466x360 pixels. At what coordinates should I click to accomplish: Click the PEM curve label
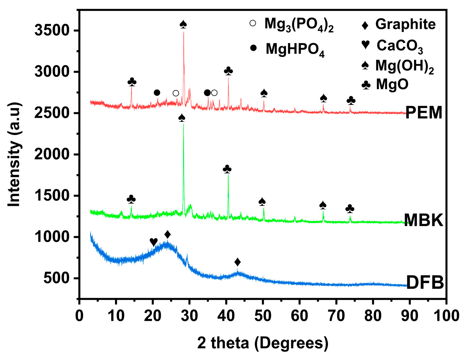pos(424,113)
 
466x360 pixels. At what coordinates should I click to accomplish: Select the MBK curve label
pos(423,220)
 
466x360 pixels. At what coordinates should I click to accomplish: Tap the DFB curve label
pos(425,283)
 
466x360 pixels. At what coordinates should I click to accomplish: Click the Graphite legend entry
pos(405,25)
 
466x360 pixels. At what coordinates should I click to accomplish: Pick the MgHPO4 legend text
pos(295,49)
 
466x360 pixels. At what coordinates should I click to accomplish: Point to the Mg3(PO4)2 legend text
pos(299,25)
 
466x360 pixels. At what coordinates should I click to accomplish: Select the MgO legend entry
pos(392,85)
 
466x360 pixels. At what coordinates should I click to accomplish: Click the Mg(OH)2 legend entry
pos(404,66)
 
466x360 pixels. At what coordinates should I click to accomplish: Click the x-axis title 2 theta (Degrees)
pos(263,343)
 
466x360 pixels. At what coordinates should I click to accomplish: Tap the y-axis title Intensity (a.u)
pos(15,154)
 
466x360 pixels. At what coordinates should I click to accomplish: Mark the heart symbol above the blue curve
pos(154,242)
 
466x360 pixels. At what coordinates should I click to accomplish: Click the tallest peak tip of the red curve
pos(184,32)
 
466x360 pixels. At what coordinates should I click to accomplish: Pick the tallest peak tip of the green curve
pos(183,124)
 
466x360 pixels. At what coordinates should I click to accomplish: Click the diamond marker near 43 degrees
pos(237,262)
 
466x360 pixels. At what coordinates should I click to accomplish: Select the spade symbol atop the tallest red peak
pos(183,24)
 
